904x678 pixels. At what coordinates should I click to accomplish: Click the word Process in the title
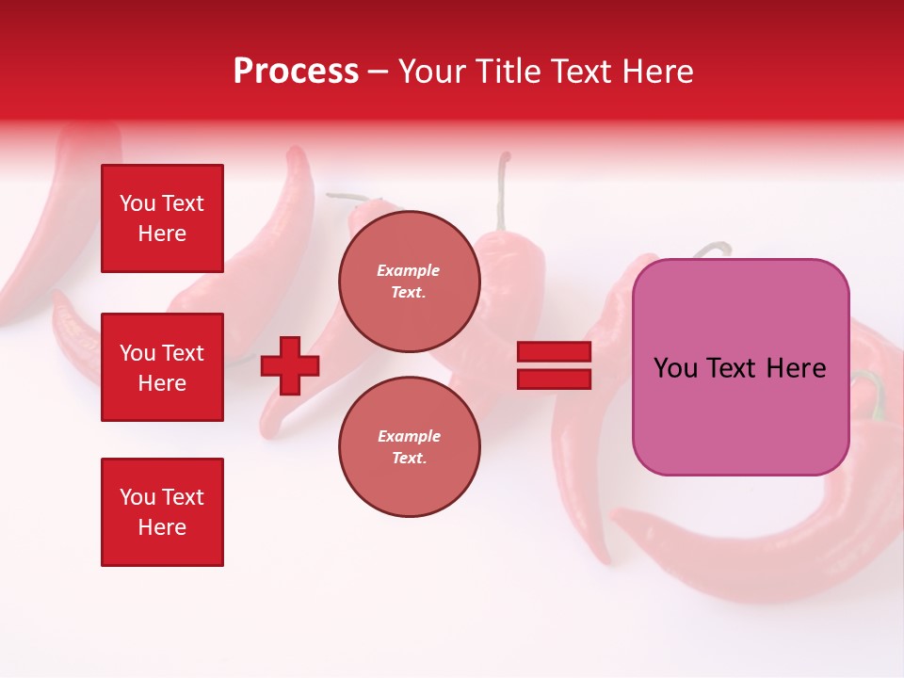[x=296, y=72]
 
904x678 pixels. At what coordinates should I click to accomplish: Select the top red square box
[x=162, y=218]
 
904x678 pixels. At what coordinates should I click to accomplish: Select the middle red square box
[x=162, y=367]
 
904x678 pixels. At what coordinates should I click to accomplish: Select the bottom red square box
[x=162, y=512]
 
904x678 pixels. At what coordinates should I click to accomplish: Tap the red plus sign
[x=290, y=365]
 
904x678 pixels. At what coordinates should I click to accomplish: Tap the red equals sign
[x=554, y=365]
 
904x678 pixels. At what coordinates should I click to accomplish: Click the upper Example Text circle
[x=409, y=281]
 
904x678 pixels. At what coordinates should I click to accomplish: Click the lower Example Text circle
[x=409, y=446]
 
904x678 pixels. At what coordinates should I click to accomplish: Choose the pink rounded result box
[x=740, y=367]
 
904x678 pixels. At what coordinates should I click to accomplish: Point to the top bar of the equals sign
[x=554, y=352]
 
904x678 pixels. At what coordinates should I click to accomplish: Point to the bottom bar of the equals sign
[x=554, y=379]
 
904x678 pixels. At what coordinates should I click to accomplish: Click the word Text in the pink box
[x=732, y=368]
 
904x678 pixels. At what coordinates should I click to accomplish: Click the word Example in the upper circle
[x=409, y=270]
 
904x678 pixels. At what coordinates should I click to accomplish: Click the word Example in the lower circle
[x=409, y=436]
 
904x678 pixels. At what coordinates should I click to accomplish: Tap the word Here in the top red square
[x=162, y=234]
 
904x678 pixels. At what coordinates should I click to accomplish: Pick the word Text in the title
[x=580, y=72]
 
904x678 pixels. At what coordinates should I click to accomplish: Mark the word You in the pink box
[x=675, y=368]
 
